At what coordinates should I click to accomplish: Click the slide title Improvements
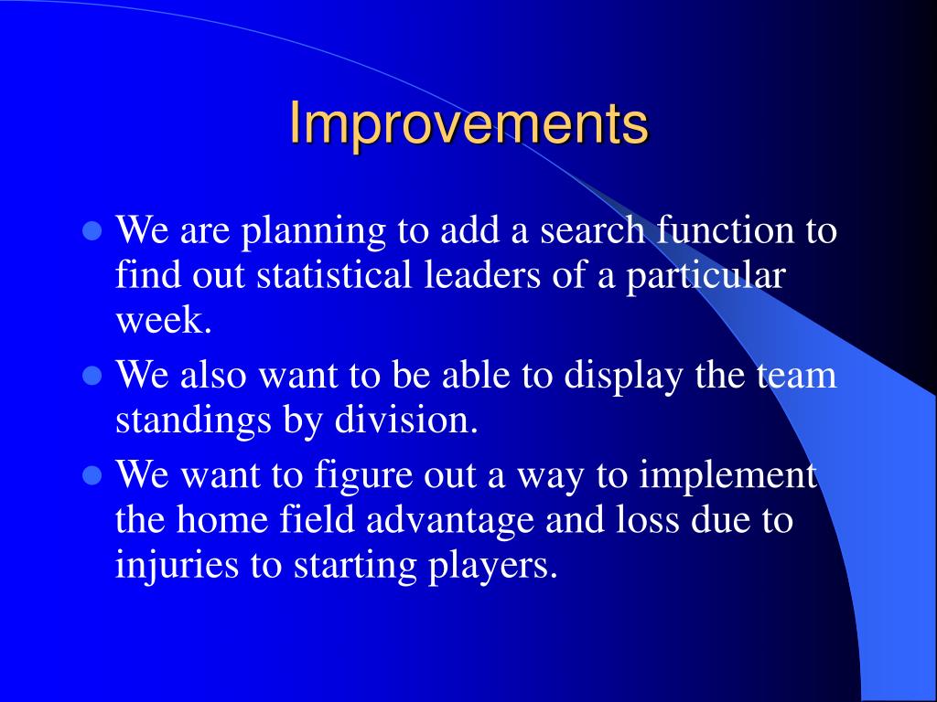click(468, 124)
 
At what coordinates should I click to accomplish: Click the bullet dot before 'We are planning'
click(92, 230)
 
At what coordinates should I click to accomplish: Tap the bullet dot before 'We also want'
click(92, 376)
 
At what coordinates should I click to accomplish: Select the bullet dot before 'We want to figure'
click(92, 475)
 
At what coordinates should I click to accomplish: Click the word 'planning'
click(314, 231)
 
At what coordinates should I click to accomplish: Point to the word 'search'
click(592, 229)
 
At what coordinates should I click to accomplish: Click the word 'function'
click(726, 229)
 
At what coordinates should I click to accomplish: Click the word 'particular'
click(705, 276)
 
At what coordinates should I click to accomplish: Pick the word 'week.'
click(164, 320)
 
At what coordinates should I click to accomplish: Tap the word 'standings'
click(193, 420)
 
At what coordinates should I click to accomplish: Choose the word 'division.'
click(405, 420)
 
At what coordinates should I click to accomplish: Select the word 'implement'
click(727, 476)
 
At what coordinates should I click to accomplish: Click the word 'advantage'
click(449, 521)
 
